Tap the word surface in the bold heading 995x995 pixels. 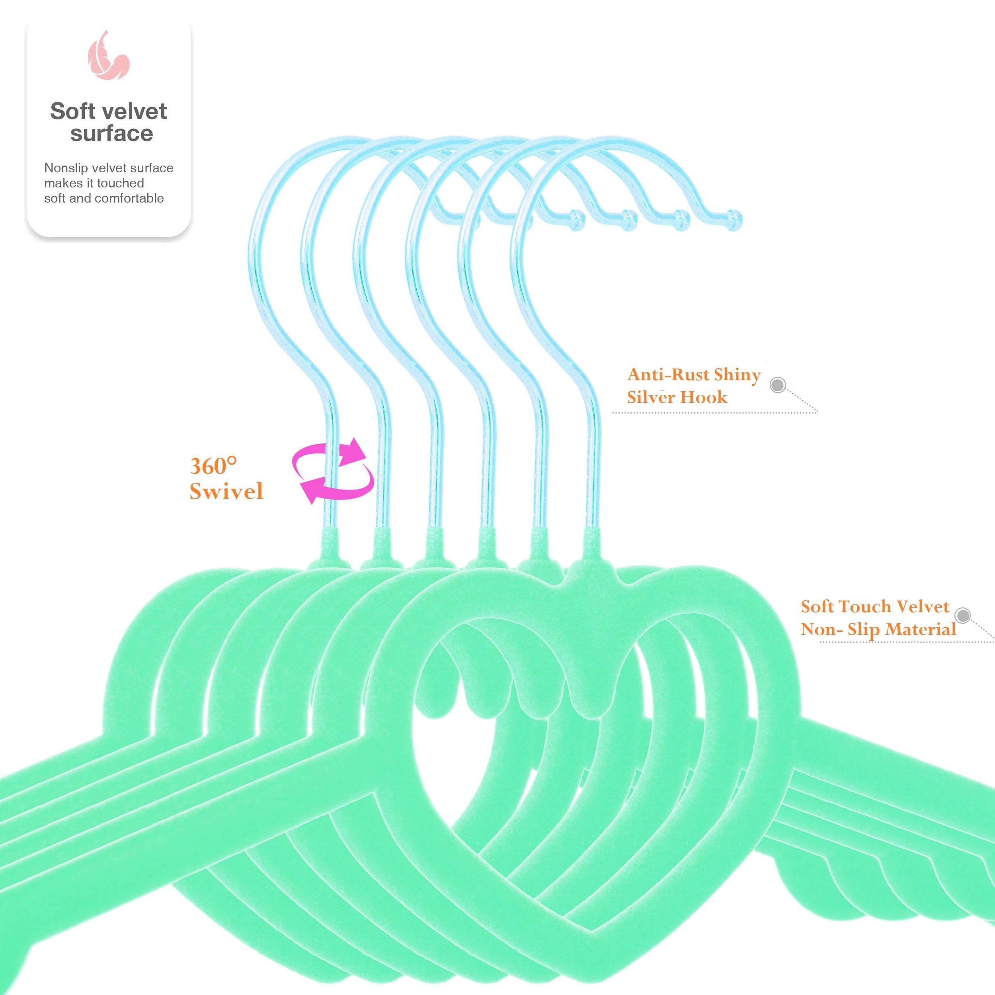tap(112, 134)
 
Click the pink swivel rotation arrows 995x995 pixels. tap(333, 470)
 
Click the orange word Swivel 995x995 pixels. tap(226, 491)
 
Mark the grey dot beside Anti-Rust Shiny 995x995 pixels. tap(778, 385)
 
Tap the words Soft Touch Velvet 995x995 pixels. tap(874, 606)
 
